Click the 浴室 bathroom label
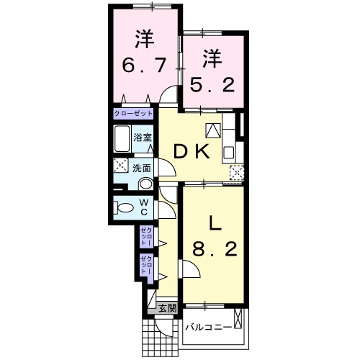[x=142, y=137]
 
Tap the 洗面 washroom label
[x=141, y=168]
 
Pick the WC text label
[x=143, y=207]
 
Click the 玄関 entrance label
[x=167, y=309]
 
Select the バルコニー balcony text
[x=208, y=326]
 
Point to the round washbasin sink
[x=144, y=183]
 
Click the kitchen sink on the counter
[x=228, y=151]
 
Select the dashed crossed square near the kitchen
[x=236, y=171]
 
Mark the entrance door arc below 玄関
[x=165, y=328]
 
